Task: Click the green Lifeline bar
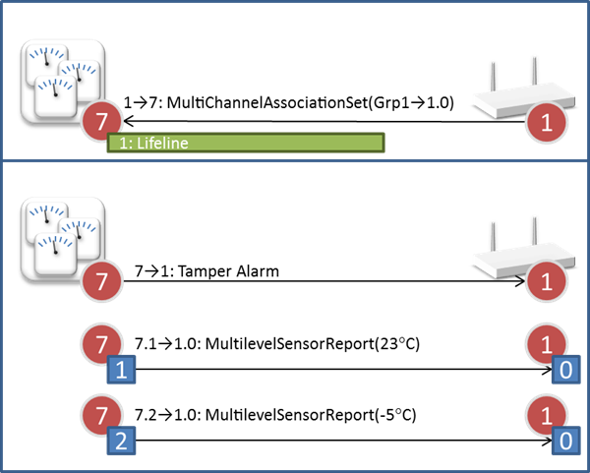point(246,144)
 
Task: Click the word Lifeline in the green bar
point(162,144)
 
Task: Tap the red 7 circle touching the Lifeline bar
point(100,123)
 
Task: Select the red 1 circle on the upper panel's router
point(546,123)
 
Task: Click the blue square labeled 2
point(120,440)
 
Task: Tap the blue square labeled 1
point(120,371)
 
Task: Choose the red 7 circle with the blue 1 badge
point(102,346)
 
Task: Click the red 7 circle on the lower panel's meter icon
point(102,283)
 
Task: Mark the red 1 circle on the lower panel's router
point(546,283)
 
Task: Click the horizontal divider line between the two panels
point(295,160)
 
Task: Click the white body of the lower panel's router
point(506,262)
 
